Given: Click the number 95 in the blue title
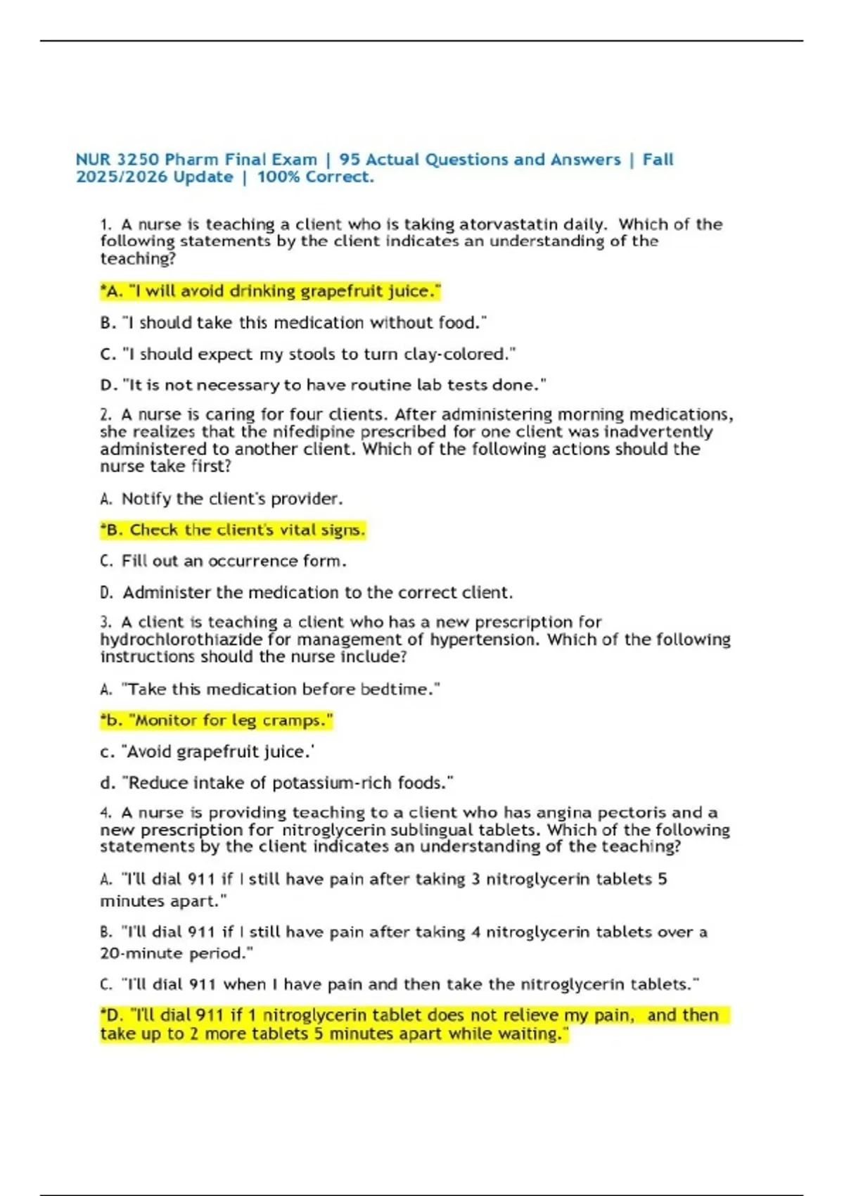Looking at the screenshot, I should pos(350,160).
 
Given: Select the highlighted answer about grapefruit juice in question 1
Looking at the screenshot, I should pos(271,291).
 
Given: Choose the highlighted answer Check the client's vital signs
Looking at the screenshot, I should pos(233,530).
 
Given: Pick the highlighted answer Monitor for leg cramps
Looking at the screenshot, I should pos(217,720).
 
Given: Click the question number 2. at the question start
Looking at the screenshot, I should pos(106,415).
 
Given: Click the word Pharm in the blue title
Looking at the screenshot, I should pos(191,160).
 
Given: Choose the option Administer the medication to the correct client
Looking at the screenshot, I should pos(316,592).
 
